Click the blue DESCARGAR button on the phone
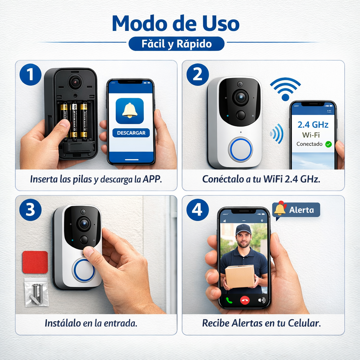[131, 133]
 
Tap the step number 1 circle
[30, 75]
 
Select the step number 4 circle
[197, 210]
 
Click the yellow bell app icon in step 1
[129, 111]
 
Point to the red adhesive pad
[35, 262]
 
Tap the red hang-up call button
[244, 300]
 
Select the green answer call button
[229, 300]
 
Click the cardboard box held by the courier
[240, 276]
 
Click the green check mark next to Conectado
[328, 144]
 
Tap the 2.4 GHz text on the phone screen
[313, 124]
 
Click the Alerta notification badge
[297, 210]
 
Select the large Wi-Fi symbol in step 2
[285, 89]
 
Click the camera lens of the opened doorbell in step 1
[75, 82]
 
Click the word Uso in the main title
[218, 24]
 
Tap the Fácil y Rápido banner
[176, 44]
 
